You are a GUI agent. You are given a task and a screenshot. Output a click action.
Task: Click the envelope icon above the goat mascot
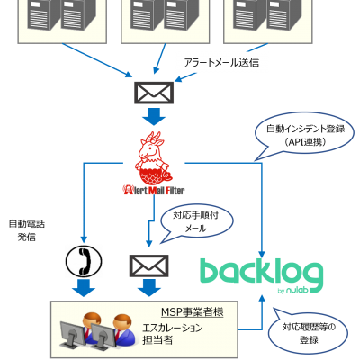click(154, 93)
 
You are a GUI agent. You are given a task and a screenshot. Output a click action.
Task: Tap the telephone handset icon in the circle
click(84, 261)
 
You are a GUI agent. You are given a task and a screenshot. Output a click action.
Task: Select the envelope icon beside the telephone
click(149, 265)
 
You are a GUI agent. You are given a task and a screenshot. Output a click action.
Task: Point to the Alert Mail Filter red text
click(154, 190)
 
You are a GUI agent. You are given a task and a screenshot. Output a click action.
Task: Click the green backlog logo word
click(262, 272)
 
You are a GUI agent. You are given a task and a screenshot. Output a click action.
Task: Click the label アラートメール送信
click(221, 62)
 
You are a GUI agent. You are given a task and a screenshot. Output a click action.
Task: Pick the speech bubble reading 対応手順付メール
click(196, 222)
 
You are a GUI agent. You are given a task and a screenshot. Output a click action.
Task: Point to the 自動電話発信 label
click(27, 230)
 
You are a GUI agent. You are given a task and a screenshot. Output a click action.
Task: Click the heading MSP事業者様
click(193, 312)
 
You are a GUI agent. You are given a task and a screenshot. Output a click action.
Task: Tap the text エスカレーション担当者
click(173, 334)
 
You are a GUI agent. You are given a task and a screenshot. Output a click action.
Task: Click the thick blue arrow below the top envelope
click(154, 117)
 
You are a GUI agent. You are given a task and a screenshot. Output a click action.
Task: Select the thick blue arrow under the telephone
click(84, 288)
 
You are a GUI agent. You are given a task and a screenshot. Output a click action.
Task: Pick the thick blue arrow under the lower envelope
click(149, 288)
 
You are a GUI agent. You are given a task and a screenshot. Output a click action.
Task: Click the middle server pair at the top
click(165, 15)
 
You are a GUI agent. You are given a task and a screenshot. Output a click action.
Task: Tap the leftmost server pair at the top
click(62, 15)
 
